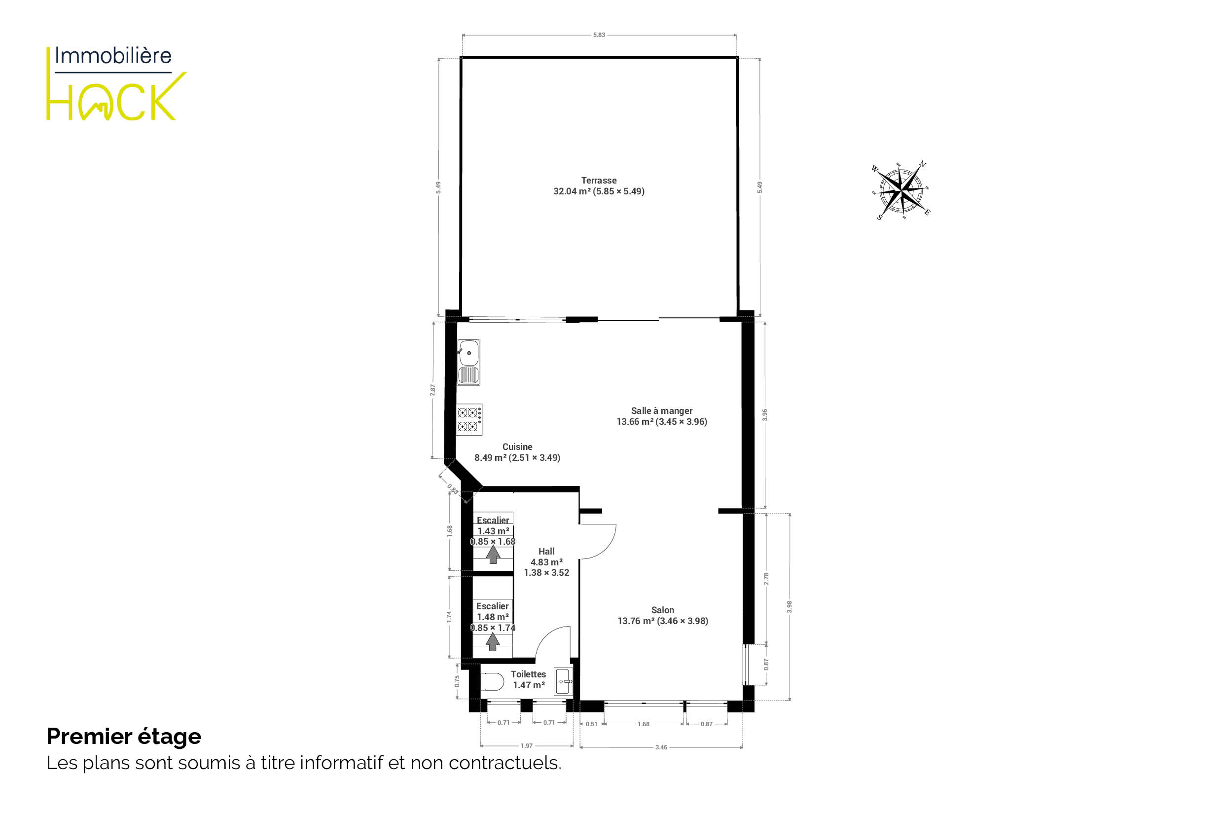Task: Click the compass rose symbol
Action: point(900,190)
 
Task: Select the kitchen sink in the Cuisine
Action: point(468,362)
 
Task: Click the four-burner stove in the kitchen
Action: point(469,419)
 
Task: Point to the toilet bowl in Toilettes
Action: point(492,682)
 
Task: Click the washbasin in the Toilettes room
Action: point(563,681)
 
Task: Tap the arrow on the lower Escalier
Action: point(493,642)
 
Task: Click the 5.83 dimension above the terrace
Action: point(599,36)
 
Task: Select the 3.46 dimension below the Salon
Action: point(661,747)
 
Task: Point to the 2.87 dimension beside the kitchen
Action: point(432,390)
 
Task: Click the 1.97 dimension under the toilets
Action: point(527,746)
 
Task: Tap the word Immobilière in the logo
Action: point(113,56)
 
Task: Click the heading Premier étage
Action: point(124,737)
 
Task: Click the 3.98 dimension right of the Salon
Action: point(789,607)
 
